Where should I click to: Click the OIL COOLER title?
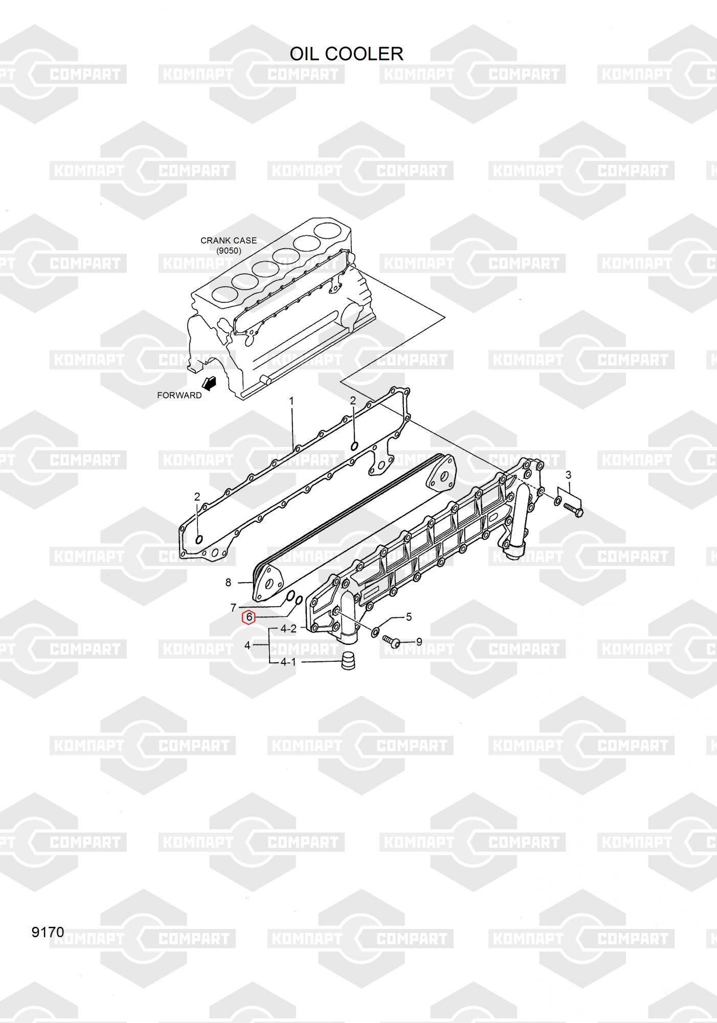click(346, 54)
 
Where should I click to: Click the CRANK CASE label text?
click(228, 240)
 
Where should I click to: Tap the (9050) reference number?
click(228, 251)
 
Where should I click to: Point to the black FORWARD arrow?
click(209, 383)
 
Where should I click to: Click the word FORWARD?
click(179, 395)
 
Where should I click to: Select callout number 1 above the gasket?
click(292, 401)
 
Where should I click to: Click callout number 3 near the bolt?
click(568, 475)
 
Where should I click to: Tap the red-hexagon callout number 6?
click(249, 617)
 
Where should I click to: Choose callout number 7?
click(233, 608)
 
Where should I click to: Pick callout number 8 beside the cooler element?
click(228, 582)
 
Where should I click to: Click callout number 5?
click(409, 617)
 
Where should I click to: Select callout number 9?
click(419, 641)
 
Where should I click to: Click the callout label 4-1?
click(288, 662)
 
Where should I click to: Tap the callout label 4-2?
click(288, 629)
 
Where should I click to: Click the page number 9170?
click(48, 932)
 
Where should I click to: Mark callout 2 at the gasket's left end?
click(197, 497)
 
